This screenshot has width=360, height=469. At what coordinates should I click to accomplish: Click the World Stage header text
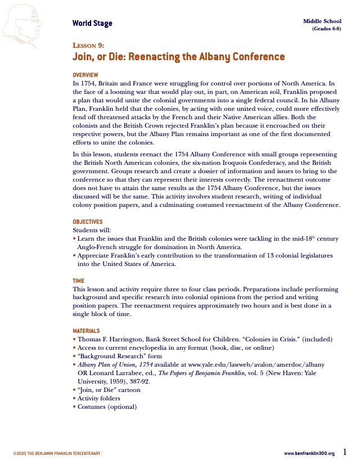coord(92,23)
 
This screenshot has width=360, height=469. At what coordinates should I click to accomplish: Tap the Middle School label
coord(322,21)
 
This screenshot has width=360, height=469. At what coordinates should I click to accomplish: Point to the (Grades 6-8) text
coord(326,29)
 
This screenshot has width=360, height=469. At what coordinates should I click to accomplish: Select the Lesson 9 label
coord(88,46)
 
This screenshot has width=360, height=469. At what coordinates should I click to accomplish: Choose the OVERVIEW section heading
coord(85,75)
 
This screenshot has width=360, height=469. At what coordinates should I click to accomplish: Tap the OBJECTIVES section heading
coord(88,222)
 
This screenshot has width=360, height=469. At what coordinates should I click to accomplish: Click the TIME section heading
coord(78,281)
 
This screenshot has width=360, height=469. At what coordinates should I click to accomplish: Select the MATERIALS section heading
coord(87,331)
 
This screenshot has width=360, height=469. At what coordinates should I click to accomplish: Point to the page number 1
coord(345,452)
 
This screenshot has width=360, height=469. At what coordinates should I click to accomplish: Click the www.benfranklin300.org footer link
coord(309,453)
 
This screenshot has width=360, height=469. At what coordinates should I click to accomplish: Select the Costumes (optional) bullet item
coord(107,407)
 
